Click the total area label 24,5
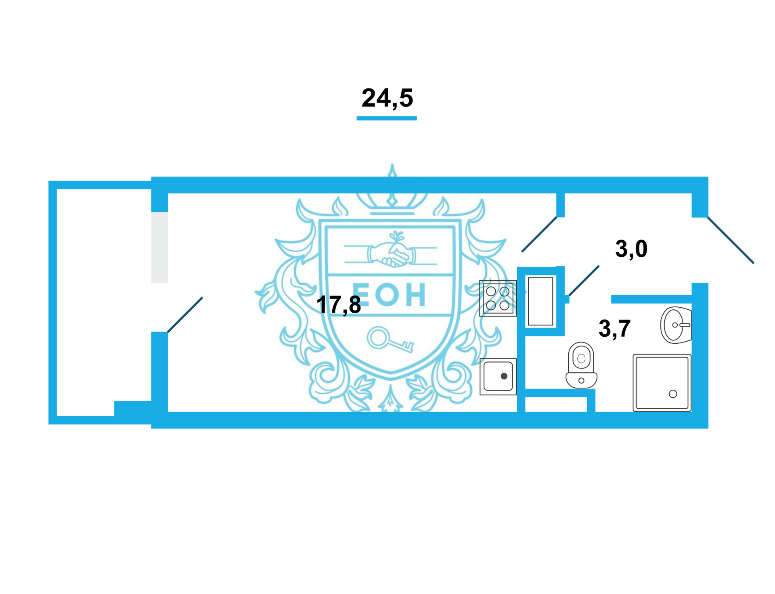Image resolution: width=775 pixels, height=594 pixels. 387,98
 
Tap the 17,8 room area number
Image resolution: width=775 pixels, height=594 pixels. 338,305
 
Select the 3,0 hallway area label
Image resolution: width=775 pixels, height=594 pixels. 631,249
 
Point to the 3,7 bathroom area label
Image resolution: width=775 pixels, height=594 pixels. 614,329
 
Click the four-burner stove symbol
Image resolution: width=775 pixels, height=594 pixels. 498,298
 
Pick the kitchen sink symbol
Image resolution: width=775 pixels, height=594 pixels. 498,376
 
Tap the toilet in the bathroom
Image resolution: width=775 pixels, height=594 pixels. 581,365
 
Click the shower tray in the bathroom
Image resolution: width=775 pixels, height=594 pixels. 662,383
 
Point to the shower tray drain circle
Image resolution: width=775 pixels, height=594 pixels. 673,394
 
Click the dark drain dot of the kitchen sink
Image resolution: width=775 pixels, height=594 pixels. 504,376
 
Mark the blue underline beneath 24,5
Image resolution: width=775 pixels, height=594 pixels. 386,118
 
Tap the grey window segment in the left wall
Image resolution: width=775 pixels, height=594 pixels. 159,248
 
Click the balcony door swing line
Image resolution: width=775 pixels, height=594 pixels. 185,315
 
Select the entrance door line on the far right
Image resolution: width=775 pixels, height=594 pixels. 731,240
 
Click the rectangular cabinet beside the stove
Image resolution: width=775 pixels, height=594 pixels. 540,301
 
